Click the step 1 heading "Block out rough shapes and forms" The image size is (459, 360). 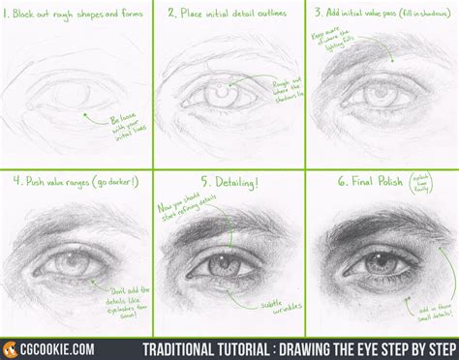(x=78, y=15)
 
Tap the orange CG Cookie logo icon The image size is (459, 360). (x=13, y=345)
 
